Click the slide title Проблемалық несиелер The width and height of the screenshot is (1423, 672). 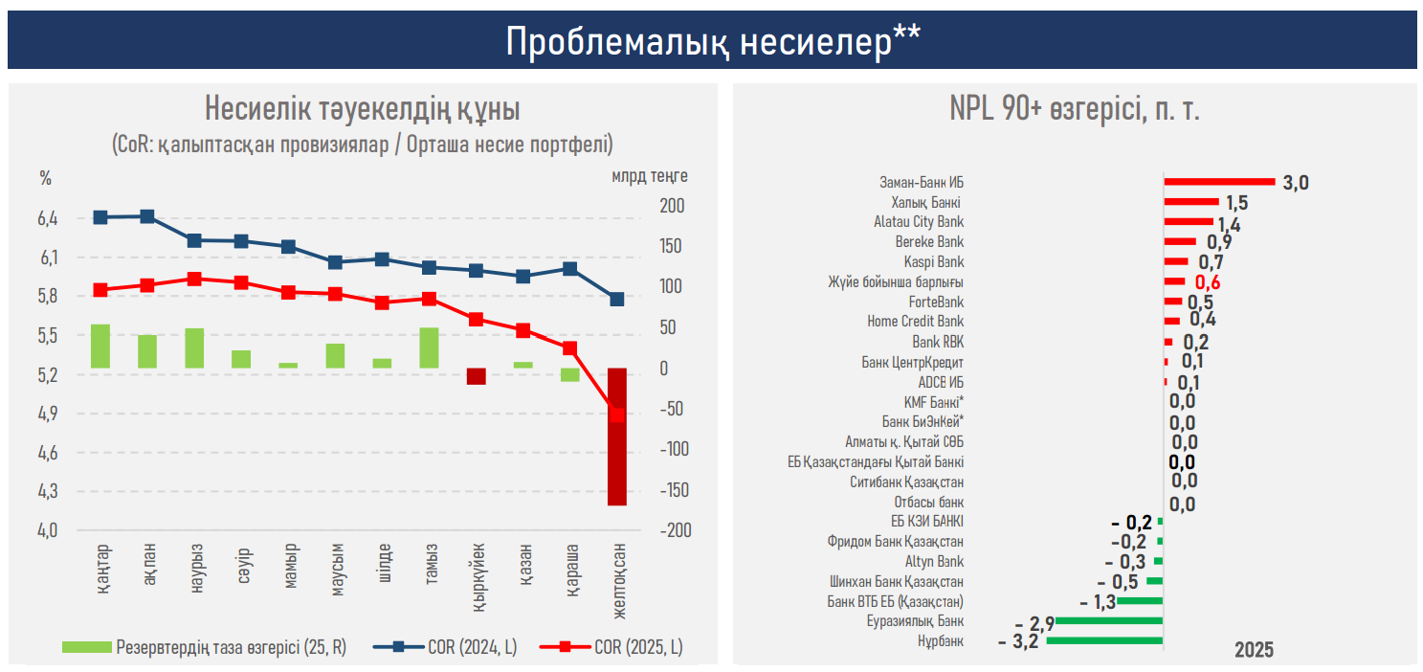point(712,41)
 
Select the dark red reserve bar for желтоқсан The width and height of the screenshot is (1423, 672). point(617,437)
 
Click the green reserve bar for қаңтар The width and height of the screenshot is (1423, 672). point(100,346)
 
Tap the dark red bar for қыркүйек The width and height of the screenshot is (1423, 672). point(477,376)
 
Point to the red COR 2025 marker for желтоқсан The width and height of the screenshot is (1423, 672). point(617,414)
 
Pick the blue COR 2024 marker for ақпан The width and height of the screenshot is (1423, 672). point(147,216)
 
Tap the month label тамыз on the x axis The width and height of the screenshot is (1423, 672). point(430,571)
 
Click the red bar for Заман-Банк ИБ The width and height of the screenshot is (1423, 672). point(1219,181)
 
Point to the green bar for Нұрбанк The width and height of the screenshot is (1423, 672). point(1104,640)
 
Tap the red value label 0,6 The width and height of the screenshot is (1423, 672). point(1207,282)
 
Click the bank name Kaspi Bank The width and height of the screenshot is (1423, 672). point(933,262)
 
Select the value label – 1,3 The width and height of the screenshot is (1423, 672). point(1097,602)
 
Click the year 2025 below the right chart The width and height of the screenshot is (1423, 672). point(1253,650)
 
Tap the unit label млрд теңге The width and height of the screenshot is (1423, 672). point(649,177)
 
